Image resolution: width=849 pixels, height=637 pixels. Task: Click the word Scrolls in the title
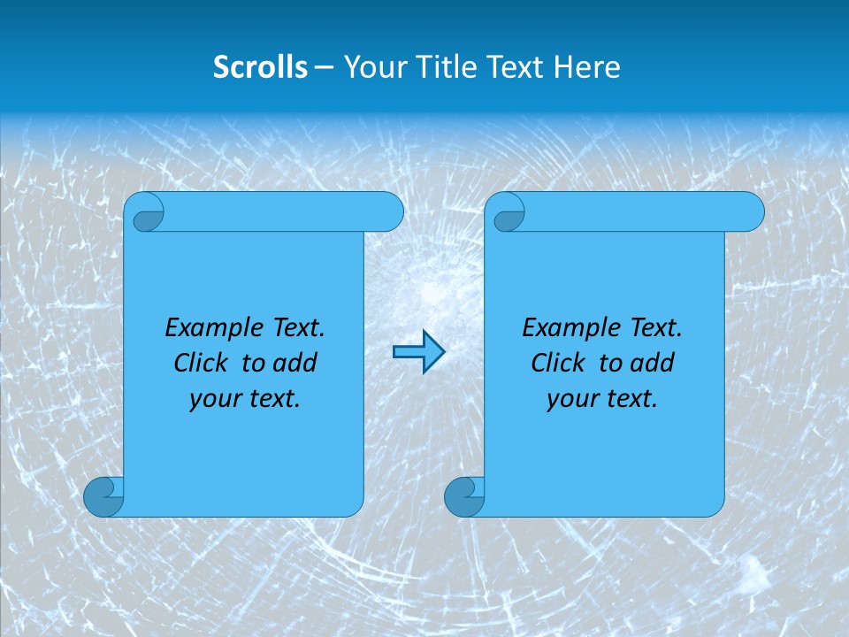(261, 67)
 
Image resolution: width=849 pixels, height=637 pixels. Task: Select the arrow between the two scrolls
(418, 352)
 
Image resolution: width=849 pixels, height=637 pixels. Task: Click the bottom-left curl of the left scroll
(103, 496)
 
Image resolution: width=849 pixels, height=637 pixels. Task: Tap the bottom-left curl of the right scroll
(464, 496)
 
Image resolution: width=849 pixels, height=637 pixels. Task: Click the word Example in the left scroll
(210, 328)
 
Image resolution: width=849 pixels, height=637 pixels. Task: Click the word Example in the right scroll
(567, 328)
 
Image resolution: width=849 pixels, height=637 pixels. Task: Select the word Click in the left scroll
(201, 363)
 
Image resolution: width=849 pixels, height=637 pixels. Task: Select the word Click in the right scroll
(558, 363)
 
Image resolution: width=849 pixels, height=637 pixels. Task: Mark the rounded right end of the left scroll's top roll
(389, 212)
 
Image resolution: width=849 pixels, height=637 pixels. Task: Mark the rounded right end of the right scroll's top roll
(750, 212)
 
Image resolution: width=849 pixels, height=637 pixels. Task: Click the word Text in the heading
(516, 67)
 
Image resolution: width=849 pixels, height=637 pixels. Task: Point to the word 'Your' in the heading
(371, 67)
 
